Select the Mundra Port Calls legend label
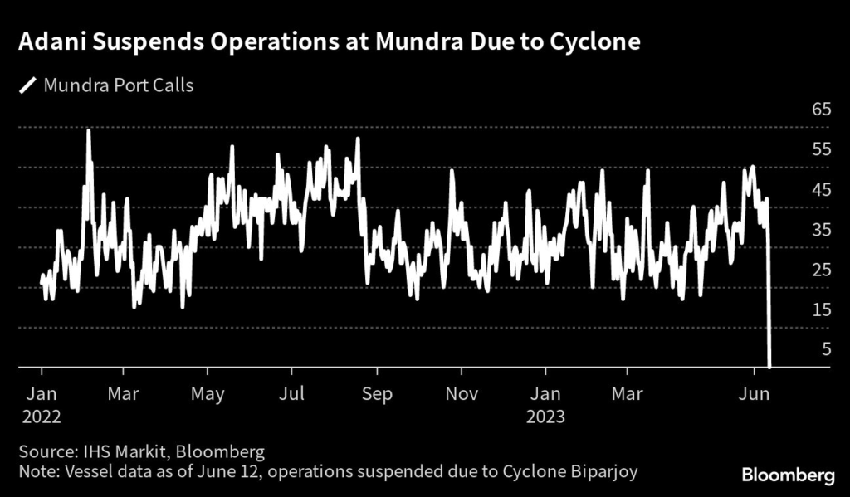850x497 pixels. click(118, 85)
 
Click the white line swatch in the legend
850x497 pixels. click(29, 85)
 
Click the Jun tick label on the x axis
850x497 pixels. click(755, 393)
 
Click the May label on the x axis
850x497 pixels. click(208, 393)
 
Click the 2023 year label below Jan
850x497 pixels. click(545, 415)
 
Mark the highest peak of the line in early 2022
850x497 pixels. click(88, 131)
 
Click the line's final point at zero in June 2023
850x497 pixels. click(770, 365)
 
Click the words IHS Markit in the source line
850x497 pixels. click(118, 452)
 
